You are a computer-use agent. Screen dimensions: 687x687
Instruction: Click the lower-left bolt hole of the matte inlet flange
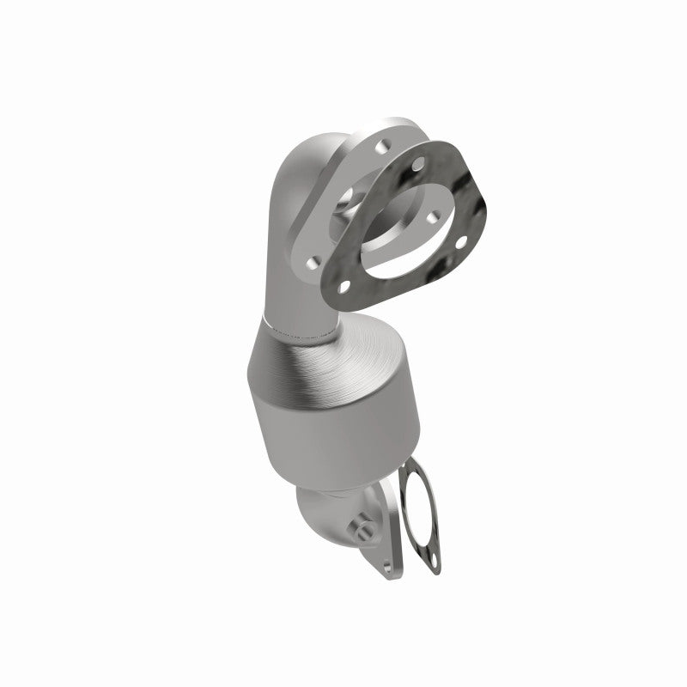[313, 259]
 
